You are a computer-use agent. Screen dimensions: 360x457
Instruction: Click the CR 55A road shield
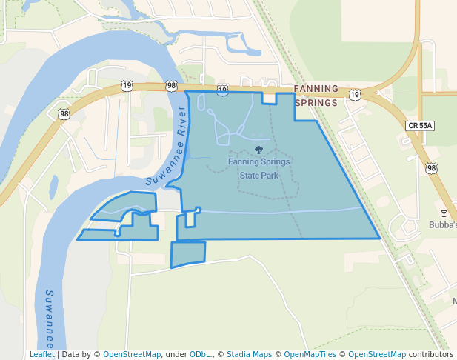point(419,126)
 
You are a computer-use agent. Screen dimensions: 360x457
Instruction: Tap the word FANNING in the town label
point(316,89)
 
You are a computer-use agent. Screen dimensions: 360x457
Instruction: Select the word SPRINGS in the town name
point(316,103)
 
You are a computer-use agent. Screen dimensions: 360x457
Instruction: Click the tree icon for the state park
point(258,150)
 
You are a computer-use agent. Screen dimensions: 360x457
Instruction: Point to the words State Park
point(259,176)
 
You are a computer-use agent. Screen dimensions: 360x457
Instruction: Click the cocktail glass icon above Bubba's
point(444,213)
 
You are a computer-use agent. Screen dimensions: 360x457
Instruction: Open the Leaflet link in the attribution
point(42,354)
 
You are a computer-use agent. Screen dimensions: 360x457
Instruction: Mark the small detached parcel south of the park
point(188,254)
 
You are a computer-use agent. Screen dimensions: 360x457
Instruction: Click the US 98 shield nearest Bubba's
point(432,168)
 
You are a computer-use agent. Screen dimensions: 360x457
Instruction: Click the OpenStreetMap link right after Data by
point(132,354)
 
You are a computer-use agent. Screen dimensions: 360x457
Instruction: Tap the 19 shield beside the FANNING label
point(355,95)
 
